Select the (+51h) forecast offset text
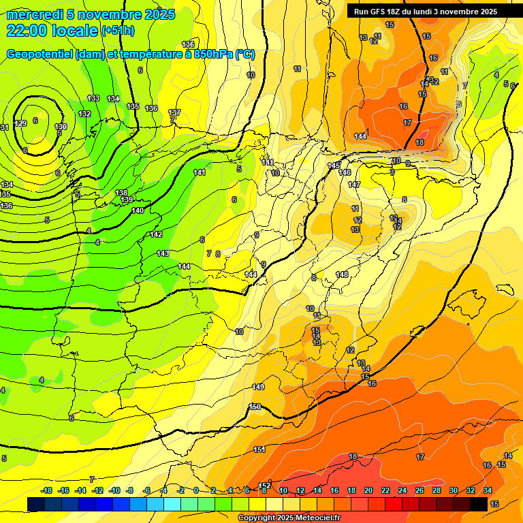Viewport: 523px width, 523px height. pos(118,30)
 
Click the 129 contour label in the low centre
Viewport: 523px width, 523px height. pos(21,123)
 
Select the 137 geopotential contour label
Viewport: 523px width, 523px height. pos(174,112)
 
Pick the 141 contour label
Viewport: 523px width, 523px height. pos(200,172)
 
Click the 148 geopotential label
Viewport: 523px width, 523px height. pos(342,274)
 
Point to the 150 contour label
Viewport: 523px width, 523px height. pos(255,407)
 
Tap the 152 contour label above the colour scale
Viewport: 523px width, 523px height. pos(266,485)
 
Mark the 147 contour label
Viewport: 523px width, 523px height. pos(354,185)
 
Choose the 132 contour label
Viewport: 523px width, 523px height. pos(84,114)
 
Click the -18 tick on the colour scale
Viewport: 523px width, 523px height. pos(47,491)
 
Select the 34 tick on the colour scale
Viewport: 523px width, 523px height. pos(488,491)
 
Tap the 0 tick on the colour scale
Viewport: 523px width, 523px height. pos(196,491)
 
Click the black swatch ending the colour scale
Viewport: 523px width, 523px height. pos(479,504)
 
